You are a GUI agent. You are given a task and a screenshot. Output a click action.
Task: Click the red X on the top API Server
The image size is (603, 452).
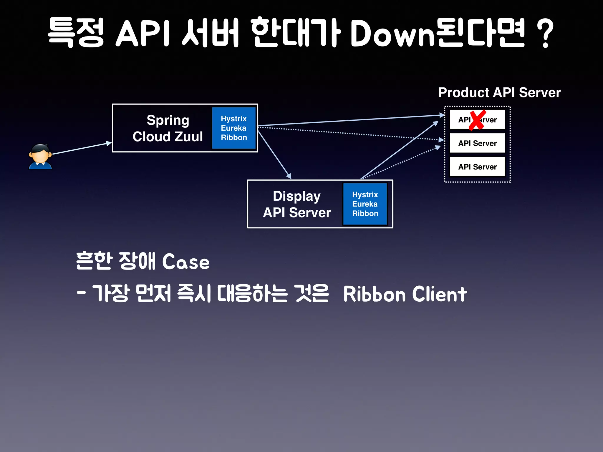pyautogui.click(x=477, y=120)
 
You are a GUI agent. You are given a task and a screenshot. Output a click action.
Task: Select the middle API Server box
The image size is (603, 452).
pyautogui.click(x=477, y=143)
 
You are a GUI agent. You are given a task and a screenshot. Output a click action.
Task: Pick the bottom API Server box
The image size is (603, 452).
pyautogui.click(x=477, y=167)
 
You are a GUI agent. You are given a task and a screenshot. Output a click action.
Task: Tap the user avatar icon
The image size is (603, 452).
pyautogui.click(x=40, y=157)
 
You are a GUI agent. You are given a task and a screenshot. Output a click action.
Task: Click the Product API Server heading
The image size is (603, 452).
pyautogui.click(x=499, y=92)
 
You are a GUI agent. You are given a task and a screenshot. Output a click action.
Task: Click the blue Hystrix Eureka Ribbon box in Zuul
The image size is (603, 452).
pyautogui.click(x=234, y=128)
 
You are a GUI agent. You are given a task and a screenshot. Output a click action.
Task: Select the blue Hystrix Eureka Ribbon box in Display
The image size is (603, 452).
pyautogui.click(x=365, y=204)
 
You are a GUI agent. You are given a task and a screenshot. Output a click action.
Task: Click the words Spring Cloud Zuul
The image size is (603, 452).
pyautogui.click(x=168, y=128)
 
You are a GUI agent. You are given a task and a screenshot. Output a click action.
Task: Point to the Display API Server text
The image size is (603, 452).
pyautogui.click(x=296, y=204)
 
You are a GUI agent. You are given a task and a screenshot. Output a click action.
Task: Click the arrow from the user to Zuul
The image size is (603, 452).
pyautogui.click(x=82, y=148)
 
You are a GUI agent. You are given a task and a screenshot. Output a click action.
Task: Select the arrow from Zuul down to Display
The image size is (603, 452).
pyautogui.click(x=274, y=155)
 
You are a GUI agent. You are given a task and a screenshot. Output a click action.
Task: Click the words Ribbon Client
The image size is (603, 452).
pyautogui.click(x=405, y=294)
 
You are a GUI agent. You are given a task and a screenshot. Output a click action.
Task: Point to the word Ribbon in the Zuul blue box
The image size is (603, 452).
pyautogui.click(x=234, y=137)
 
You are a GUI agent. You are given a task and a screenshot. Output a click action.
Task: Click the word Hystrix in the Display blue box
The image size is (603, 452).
pyautogui.click(x=365, y=195)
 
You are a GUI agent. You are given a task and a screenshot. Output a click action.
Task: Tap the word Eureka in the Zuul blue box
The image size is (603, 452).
pyautogui.click(x=233, y=128)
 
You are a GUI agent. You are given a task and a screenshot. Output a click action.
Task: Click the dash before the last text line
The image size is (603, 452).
pyautogui.click(x=81, y=293)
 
